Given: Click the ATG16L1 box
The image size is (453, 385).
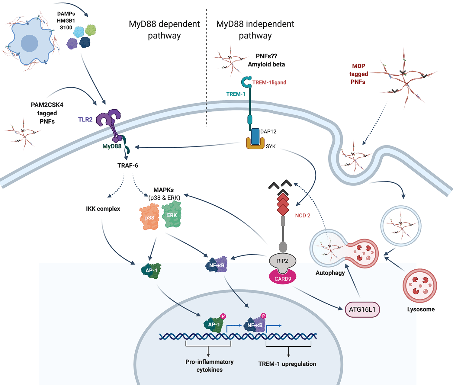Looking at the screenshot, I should pyautogui.click(x=362, y=310).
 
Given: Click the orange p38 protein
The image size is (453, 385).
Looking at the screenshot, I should pyautogui.click(x=149, y=217).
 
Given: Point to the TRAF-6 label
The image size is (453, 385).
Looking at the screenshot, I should pyautogui.click(x=128, y=165).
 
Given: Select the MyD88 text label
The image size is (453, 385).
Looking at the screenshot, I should pyautogui.click(x=112, y=146).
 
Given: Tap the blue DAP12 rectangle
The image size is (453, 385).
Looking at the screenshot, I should pyautogui.click(x=255, y=136).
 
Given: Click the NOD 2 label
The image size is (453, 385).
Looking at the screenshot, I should pyautogui.click(x=303, y=215).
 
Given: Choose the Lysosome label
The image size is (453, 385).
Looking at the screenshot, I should pyautogui.click(x=421, y=309).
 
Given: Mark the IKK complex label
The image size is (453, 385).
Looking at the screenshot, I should pyautogui.click(x=103, y=209).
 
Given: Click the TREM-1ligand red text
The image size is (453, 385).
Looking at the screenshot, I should pyautogui.click(x=269, y=82).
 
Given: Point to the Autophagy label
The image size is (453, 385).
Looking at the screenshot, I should pyautogui.click(x=330, y=273).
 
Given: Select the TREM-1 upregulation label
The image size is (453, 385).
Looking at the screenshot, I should pyautogui.click(x=287, y=364).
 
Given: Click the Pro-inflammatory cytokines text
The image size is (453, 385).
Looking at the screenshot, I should pyautogui.click(x=209, y=366).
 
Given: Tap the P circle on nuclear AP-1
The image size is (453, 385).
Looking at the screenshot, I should pyautogui.click(x=223, y=316).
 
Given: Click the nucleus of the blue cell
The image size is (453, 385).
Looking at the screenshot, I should pyautogui.click(x=29, y=43).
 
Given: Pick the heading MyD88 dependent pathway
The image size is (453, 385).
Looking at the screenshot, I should pyautogui.click(x=164, y=30).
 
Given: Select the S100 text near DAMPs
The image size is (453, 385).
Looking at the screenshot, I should pyautogui.click(x=66, y=27).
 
